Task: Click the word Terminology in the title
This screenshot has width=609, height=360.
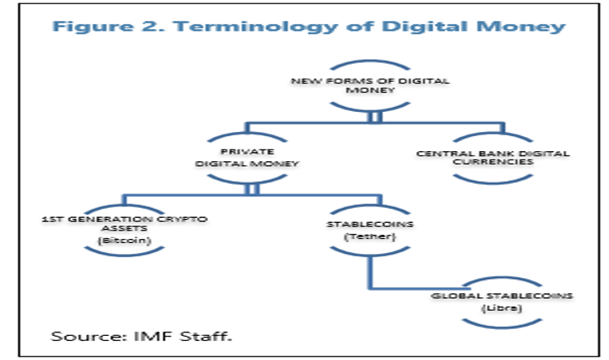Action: coord(255,27)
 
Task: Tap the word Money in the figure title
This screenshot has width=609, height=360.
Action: coord(520,26)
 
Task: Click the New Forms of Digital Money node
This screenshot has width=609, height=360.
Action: coord(370,85)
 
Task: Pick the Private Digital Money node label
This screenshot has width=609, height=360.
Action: coord(247,158)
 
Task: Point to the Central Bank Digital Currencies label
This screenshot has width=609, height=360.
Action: coord(493,158)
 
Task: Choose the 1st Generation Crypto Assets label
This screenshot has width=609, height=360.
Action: coord(124,224)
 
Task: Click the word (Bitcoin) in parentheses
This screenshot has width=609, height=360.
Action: coord(124,241)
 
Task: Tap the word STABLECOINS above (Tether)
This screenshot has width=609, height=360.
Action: coord(370,224)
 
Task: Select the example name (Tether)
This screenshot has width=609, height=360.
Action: coord(370,236)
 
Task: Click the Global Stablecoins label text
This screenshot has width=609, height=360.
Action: coord(502,296)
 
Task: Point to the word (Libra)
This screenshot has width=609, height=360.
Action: coord(502,308)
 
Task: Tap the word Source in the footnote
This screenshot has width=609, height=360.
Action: coord(89,336)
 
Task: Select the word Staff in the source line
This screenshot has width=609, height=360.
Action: coord(205,336)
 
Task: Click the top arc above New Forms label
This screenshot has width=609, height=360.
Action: coord(370,62)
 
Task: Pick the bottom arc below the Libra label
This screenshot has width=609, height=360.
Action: coord(502,327)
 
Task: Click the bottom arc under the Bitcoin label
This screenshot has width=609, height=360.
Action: coord(124,254)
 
